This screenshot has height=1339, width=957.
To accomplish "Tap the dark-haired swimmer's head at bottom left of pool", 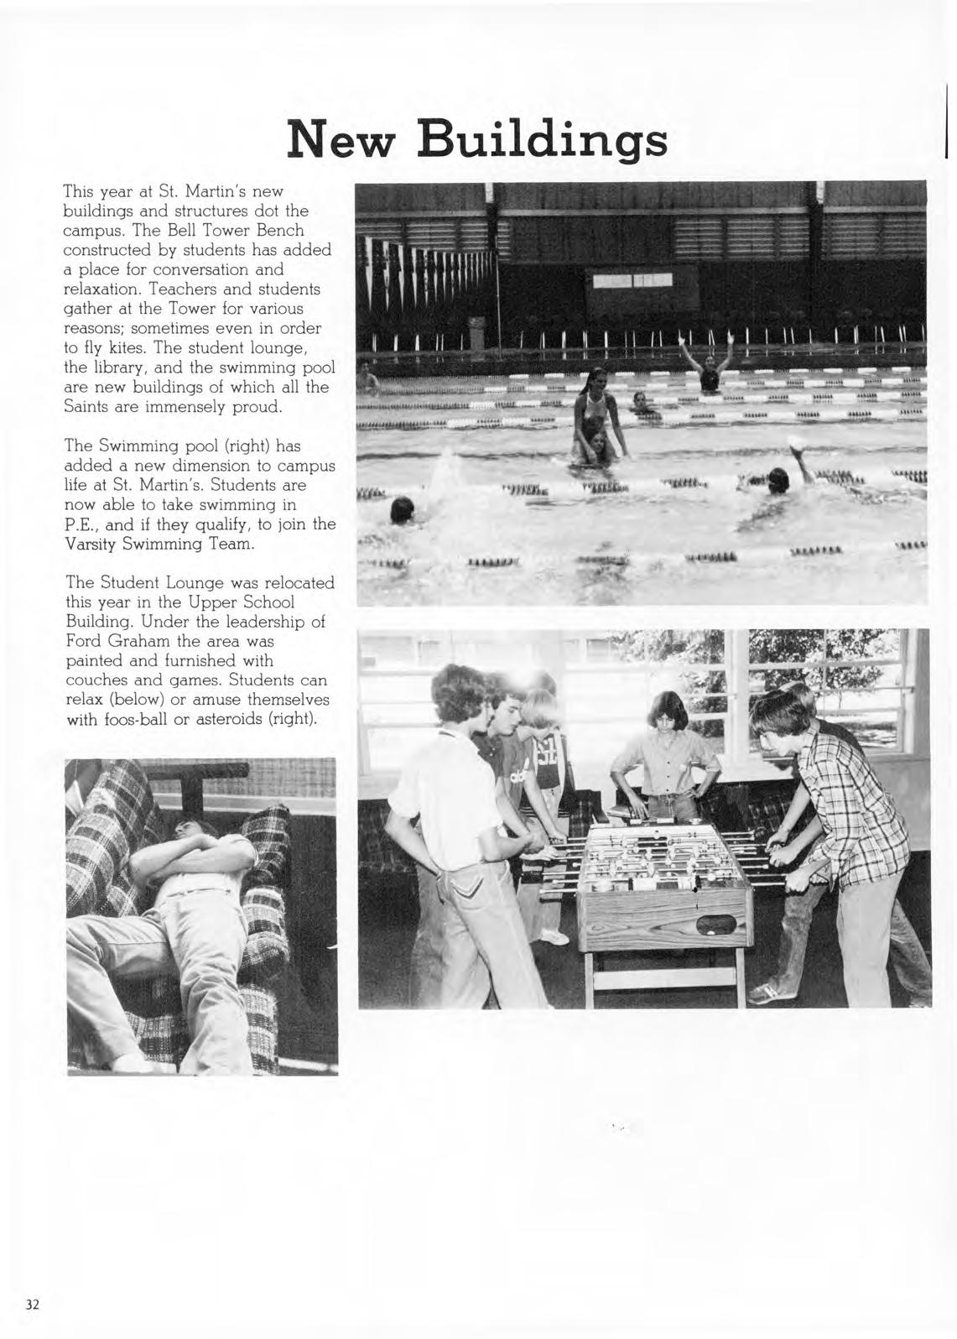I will click(402, 508).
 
